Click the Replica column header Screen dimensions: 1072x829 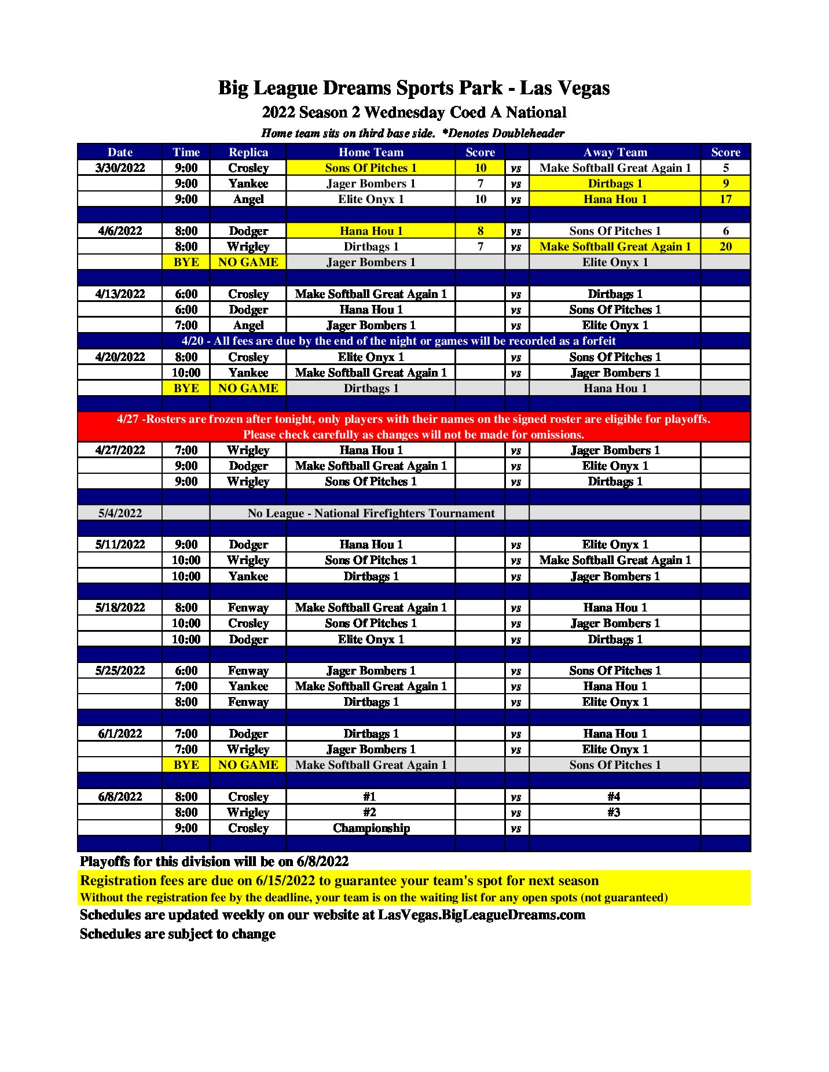point(248,152)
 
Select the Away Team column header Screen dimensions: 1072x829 point(615,152)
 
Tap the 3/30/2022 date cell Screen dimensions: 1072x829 point(120,168)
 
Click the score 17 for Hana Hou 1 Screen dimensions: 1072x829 point(725,199)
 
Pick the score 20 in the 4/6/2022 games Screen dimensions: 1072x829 point(725,246)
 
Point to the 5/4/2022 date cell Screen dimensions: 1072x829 point(120,513)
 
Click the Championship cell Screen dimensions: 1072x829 point(371,828)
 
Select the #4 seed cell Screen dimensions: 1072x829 point(614,797)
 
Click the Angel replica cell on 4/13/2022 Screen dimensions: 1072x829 point(248,325)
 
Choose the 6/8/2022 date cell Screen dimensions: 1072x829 point(120,797)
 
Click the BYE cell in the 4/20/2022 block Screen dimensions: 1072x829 point(186,388)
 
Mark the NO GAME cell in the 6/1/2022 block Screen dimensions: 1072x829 point(248,765)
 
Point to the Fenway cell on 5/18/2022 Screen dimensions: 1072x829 point(248,607)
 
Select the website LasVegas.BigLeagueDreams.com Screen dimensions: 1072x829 point(481,915)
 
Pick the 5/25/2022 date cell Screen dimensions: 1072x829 point(120,671)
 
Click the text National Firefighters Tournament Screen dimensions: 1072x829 point(404,513)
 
